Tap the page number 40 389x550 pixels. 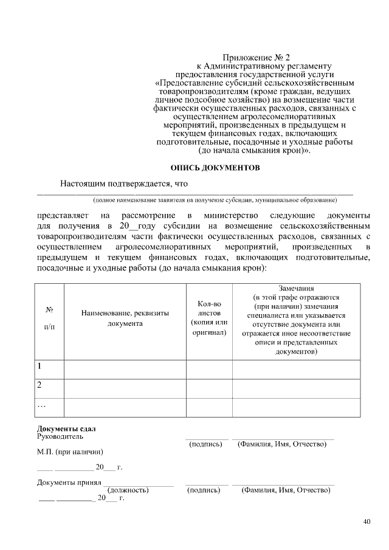pyautogui.click(x=366, y=521)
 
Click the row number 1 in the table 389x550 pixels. pyautogui.click(x=40, y=366)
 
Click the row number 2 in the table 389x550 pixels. pyautogui.click(x=40, y=385)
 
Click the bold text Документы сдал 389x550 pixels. pyautogui.click(x=67, y=429)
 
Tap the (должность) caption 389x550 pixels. pyautogui.click(x=128, y=490)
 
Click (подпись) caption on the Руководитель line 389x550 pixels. pyautogui.click(x=205, y=444)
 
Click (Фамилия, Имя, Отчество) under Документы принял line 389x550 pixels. pyautogui.click(x=284, y=490)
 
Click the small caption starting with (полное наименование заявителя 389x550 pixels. pyautogui.click(x=214, y=199)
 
